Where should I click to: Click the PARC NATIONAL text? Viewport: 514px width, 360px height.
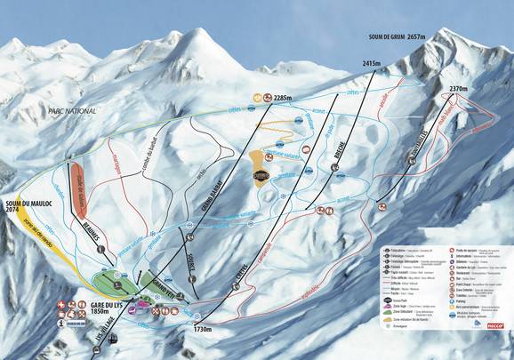pos(70,111)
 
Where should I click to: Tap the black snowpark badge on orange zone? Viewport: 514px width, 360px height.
pos(261,174)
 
